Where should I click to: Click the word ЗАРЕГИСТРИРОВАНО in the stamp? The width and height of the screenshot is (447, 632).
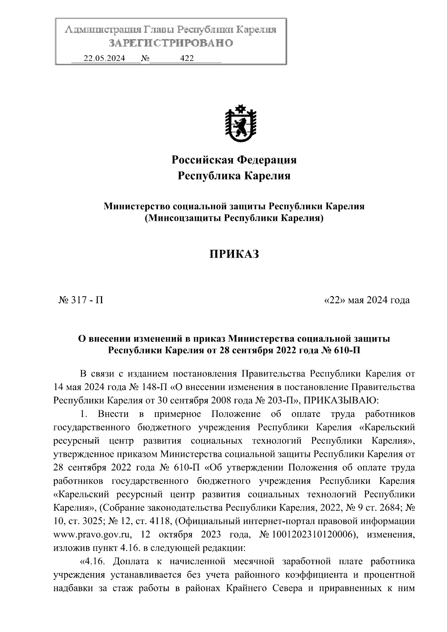171,43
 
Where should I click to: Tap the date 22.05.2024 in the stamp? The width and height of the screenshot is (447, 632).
104,58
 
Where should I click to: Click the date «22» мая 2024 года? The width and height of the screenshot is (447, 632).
367,300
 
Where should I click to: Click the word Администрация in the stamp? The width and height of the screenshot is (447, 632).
103,30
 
